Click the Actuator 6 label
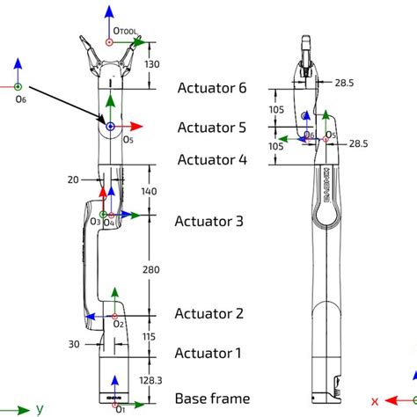(212, 88)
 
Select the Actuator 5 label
(212, 127)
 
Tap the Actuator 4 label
(212, 159)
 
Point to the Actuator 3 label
(209, 222)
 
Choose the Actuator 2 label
(208, 313)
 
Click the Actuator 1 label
(208, 353)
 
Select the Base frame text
(212, 399)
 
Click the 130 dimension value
(152, 63)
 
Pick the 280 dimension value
(153, 269)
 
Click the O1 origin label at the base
(121, 407)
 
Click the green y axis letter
(40, 408)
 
